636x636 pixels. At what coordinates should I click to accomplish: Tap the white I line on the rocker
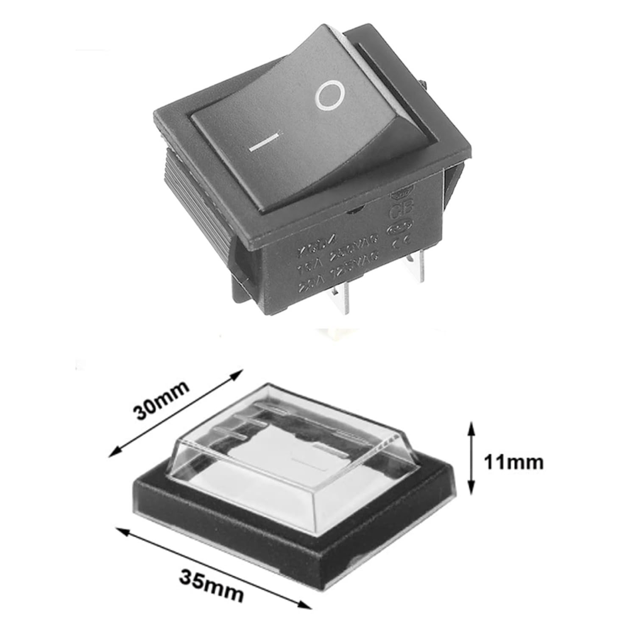[264, 143]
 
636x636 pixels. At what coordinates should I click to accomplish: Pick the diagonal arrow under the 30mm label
[176, 413]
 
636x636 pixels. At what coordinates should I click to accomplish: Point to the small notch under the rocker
[356, 208]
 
